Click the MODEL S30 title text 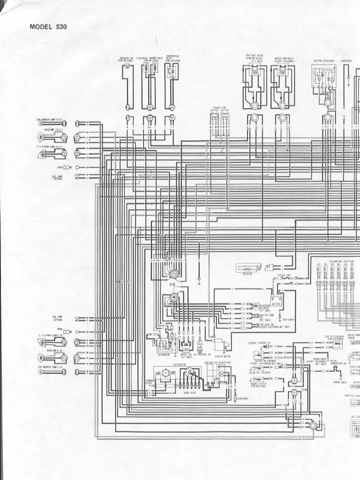[x=48, y=27]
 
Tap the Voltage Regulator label [x=323, y=60]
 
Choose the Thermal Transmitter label [x=260, y=343]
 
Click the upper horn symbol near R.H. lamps [x=67, y=167]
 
